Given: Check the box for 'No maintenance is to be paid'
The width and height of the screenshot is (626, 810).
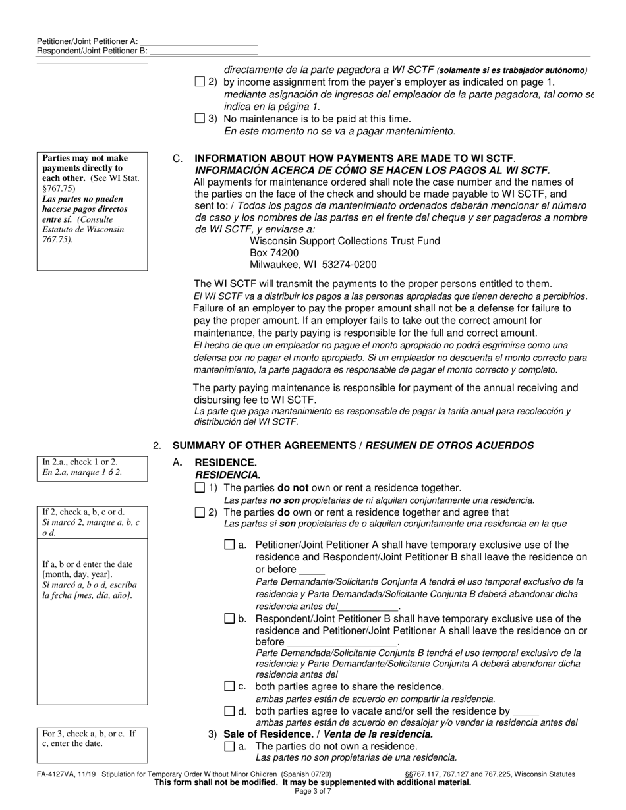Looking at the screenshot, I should [x=200, y=119].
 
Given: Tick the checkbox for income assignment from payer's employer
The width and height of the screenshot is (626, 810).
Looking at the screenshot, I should [x=200, y=82].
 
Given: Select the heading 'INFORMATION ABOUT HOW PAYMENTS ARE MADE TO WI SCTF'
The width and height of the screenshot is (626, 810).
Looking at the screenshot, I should [x=354, y=159].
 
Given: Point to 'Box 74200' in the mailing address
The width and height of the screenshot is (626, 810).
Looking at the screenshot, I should [x=274, y=252].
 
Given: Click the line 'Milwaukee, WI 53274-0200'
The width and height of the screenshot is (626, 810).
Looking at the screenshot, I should [x=313, y=265].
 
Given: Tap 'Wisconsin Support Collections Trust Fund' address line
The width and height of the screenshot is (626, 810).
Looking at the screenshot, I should [x=345, y=241].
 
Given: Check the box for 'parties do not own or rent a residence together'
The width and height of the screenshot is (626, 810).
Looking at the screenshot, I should [x=200, y=488].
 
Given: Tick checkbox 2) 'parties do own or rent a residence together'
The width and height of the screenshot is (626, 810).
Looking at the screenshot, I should [x=200, y=512].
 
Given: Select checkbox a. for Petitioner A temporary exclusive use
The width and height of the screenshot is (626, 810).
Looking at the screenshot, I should [x=229, y=545].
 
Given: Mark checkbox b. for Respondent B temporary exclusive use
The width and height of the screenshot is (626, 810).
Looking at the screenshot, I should [x=229, y=618].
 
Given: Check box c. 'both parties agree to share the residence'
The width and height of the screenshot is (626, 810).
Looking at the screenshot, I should [x=229, y=686].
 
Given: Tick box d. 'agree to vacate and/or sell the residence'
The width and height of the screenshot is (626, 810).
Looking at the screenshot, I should [x=229, y=711].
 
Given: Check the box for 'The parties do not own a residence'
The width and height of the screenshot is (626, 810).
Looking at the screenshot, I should [x=229, y=746].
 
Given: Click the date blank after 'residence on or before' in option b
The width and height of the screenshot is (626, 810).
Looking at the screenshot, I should [x=343, y=642].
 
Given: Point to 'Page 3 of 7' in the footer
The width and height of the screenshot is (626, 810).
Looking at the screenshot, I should [x=312, y=790].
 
